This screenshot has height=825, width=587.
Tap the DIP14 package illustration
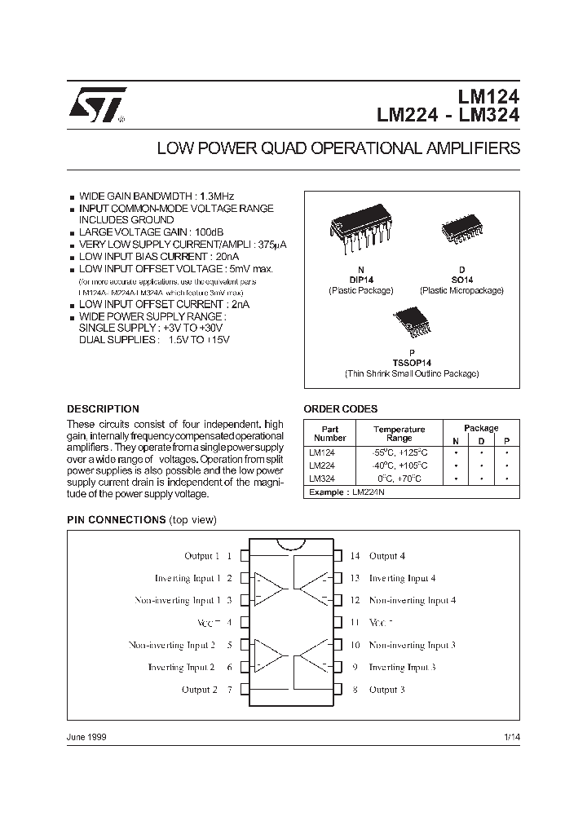[x=361, y=229]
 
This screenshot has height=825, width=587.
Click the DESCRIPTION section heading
[x=103, y=409]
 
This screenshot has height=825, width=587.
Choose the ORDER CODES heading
[x=340, y=409]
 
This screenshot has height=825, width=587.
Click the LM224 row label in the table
[x=321, y=465]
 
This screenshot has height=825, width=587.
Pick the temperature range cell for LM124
[x=399, y=452]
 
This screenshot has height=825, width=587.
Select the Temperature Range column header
[x=399, y=434]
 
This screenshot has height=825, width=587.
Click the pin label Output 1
[x=202, y=556]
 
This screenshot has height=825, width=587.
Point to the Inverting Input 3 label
[x=402, y=668]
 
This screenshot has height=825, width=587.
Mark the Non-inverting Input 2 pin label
[x=172, y=645]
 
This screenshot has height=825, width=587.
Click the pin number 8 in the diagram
[x=355, y=690]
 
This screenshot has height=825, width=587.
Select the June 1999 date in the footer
[x=86, y=737]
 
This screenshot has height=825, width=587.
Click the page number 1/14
[x=511, y=737]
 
